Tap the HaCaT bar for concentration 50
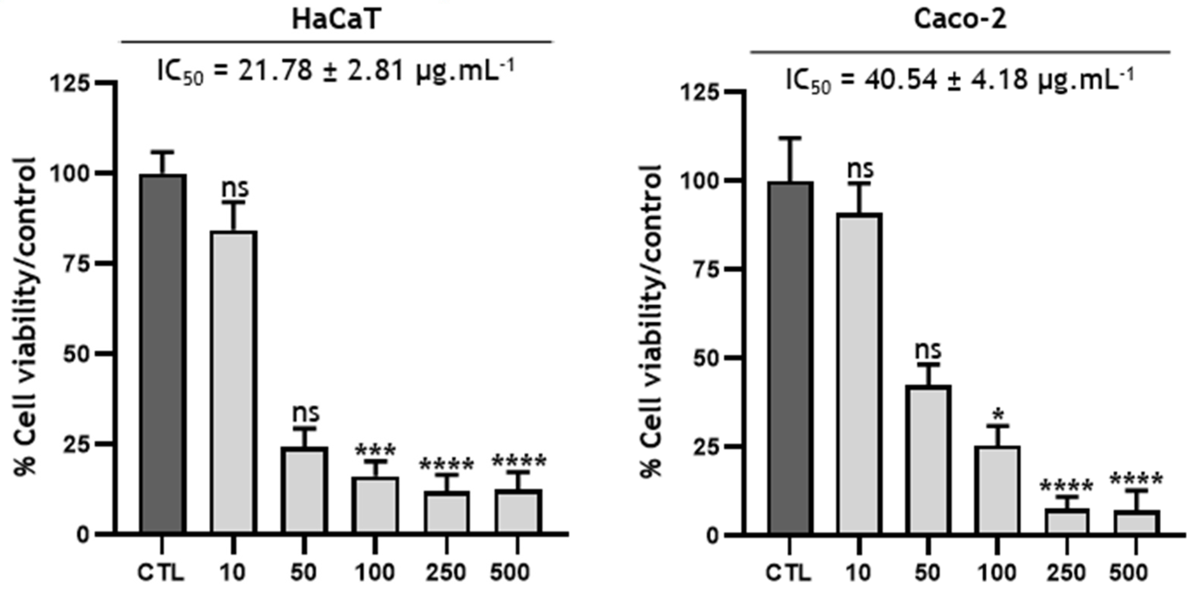305,490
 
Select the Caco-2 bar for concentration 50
928,459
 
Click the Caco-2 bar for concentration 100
997,490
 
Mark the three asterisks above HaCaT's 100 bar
375,450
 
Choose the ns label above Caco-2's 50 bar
928,350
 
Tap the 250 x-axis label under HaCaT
446,572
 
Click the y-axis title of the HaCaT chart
25,317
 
